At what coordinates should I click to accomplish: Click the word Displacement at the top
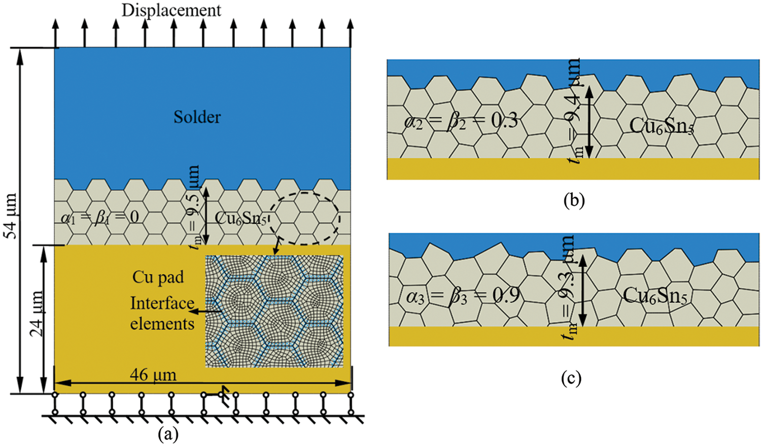pos(171,10)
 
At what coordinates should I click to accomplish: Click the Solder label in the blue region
pos(197,117)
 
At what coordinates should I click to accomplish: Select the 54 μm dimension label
pos(11,215)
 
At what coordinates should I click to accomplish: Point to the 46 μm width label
pos(153,375)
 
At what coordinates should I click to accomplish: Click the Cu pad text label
pos(158,277)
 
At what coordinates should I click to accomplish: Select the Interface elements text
pos(162,313)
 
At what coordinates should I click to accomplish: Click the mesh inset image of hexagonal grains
pos(274,311)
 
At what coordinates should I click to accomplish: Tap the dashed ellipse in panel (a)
pos(304,218)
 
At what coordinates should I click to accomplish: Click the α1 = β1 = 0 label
pos(99,218)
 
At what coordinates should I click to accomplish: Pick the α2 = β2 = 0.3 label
pos(461,121)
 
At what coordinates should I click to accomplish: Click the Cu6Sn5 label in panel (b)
pos(661,126)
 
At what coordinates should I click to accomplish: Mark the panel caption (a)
pos(168,434)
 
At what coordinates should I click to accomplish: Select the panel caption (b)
pos(574,201)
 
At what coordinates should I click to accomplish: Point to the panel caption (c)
pos(571,378)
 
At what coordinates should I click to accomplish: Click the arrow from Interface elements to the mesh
pos(208,311)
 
